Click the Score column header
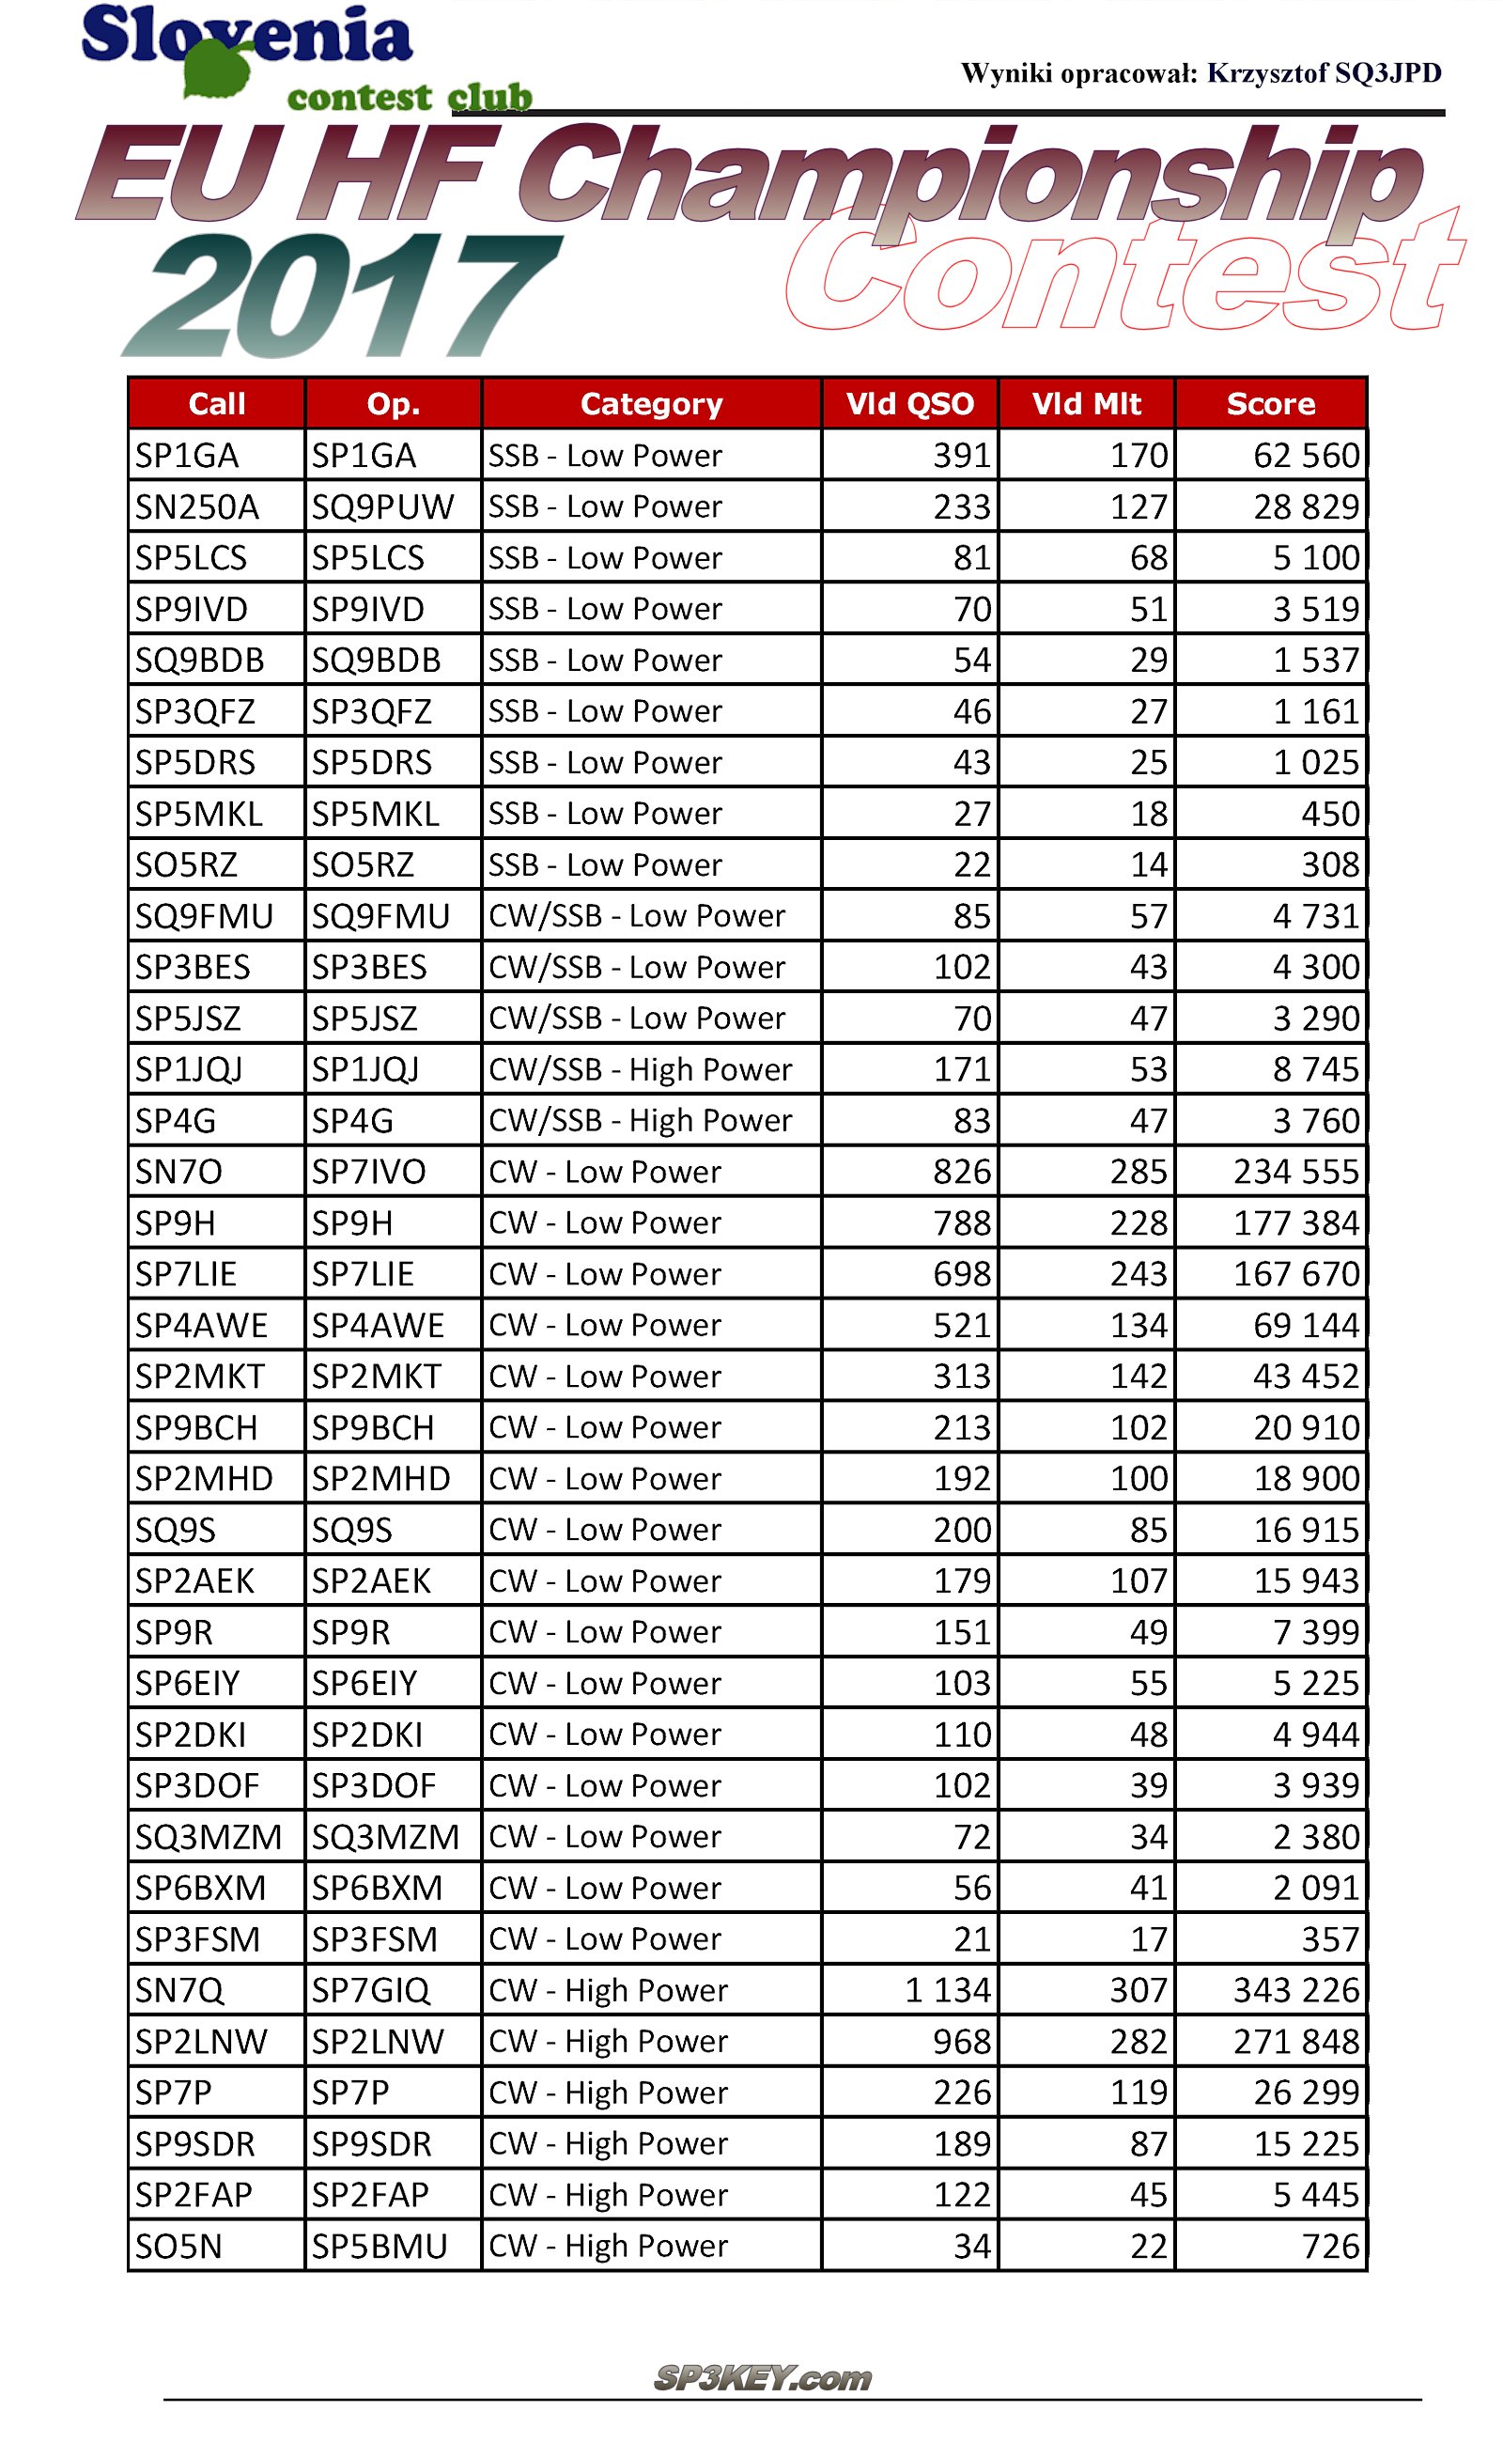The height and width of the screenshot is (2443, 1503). click(x=1270, y=404)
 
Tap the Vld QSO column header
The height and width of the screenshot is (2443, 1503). click(x=909, y=404)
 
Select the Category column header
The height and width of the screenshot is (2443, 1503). click(x=651, y=404)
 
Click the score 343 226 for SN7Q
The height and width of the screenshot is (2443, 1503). click(x=1295, y=1989)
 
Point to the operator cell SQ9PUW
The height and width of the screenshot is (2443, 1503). click(x=382, y=507)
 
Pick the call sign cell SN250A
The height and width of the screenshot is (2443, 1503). click(x=197, y=507)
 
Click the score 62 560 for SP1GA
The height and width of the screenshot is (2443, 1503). click(x=1305, y=456)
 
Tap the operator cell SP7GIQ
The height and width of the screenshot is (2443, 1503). click(x=370, y=1989)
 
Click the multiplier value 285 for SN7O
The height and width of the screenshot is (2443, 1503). click(x=1139, y=1172)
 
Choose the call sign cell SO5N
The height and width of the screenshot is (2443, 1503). click(x=178, y=2246)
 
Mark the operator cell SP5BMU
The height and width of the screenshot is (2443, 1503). click(x=379, y=2246)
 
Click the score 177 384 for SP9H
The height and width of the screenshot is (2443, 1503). click(x=1295, y=1223)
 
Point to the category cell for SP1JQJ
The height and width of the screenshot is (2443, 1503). click(x=640, y=1069)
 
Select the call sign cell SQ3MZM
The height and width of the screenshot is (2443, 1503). click(x=208, y=1836)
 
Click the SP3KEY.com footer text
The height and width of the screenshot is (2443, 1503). click(x=763, y=2378)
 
